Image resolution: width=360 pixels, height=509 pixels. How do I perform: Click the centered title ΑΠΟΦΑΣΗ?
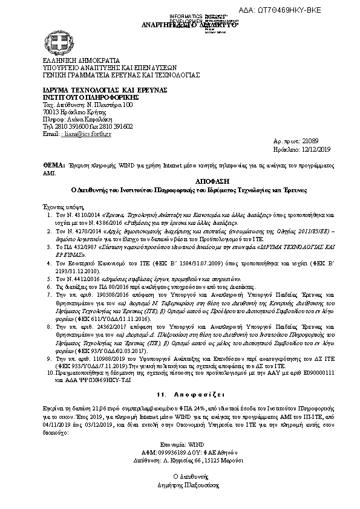(180, 181)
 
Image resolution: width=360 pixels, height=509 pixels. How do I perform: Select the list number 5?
(49, 278)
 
